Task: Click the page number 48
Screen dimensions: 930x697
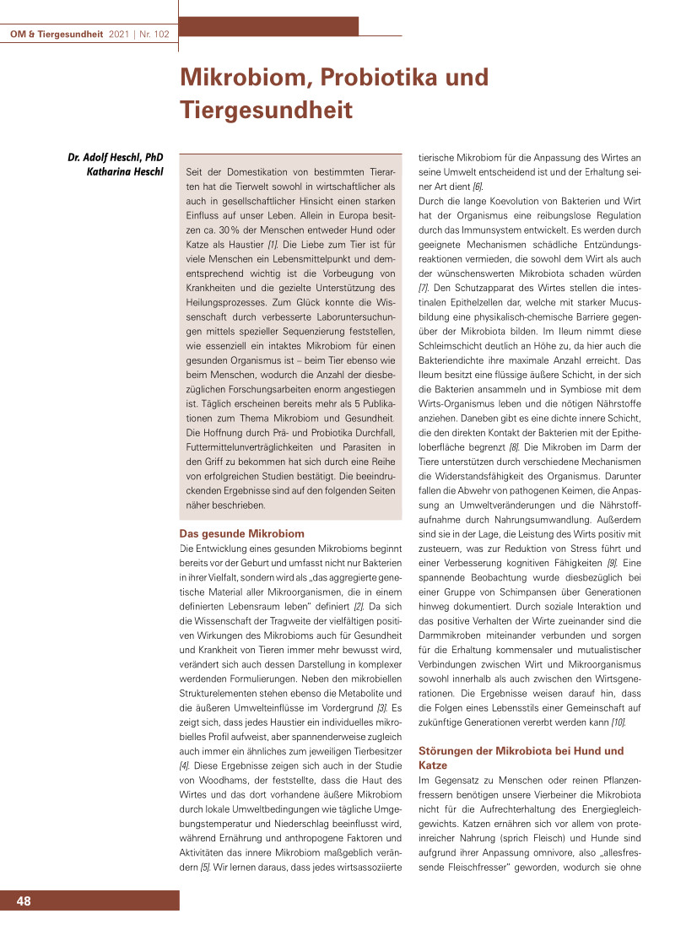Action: (24, 901)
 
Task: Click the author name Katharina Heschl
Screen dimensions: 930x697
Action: (125, 172)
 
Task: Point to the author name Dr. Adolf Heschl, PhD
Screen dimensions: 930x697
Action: (116, 157)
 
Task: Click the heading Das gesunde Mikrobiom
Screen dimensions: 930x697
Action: (242, 533)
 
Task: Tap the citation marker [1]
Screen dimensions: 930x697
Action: (273, 244)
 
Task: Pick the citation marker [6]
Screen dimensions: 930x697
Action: (478, 186)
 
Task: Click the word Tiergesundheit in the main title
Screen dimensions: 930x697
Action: (265, 110)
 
